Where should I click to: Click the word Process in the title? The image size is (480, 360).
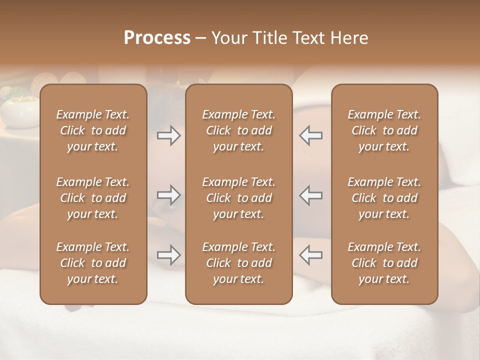click(x=157, y=38)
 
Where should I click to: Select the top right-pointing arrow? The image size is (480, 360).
click(x=168, y=135)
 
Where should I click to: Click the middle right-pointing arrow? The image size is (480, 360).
click(x=168, y=195)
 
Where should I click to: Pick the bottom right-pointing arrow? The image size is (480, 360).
click(x=168, y=255)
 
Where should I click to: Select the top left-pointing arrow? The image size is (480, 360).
click(x=311, y=135)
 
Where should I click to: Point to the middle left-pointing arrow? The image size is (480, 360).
click(x=311, y=195)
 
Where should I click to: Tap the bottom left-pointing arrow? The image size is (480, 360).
click(x=311, y=255)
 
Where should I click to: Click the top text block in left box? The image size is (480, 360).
click(x=93, y=130)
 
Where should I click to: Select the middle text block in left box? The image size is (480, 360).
click(x=93, y=198)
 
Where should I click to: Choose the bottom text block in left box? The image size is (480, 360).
click(x=93, y=263)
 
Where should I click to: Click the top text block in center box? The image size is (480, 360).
click(x=238, y=130)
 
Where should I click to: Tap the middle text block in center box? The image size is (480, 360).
click(x=238, y=198)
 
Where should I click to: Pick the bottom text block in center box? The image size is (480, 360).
click(x=238, y=263)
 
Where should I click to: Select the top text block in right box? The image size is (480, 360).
click(x=384, y=130)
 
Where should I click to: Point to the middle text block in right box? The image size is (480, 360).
click(x=384, y=198)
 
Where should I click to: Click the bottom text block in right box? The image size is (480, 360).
click(x=384, y=263)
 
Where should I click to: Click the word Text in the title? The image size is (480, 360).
click(x=308, y=38)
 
